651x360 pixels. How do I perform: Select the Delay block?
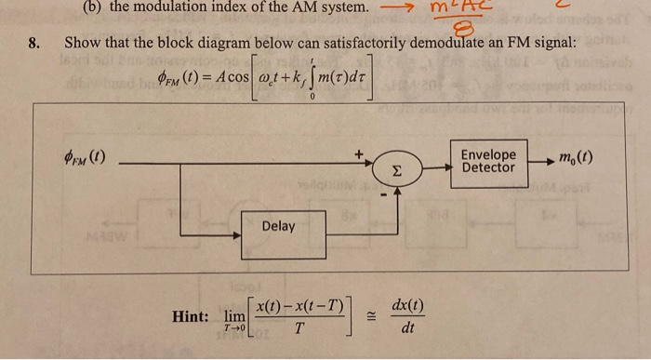click(279, 226)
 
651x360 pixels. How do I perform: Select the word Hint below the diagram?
click(192, 317)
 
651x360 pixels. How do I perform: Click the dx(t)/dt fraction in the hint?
click(407, 316)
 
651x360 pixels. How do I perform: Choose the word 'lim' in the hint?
click(235, 316)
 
